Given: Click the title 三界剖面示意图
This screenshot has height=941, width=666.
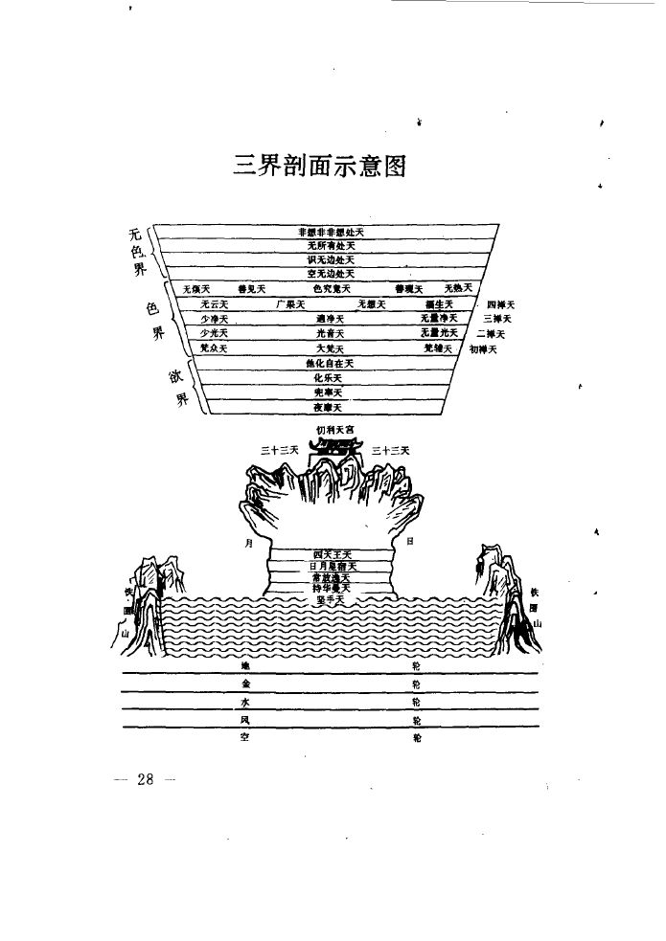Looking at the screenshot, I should coord(320,166).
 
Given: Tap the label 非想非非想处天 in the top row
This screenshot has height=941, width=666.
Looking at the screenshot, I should coord(331,232).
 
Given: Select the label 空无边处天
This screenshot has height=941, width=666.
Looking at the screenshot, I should coord(331,274).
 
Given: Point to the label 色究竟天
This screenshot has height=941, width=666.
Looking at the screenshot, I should coord(332,289).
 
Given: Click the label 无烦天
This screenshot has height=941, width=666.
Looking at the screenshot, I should coord(196,289).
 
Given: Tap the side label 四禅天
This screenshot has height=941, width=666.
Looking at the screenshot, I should coord(500,304).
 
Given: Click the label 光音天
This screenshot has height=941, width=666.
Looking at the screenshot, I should coord(331,333).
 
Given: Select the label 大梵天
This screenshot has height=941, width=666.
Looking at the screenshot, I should coord(331,348).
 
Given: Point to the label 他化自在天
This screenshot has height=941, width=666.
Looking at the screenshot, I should coord(331,364).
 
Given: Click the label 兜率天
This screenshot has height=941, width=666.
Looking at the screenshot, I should coord(331,393).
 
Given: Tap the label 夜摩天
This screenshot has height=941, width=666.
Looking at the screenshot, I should coord(331,408).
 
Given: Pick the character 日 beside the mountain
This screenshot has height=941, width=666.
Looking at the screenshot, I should coord(409,542).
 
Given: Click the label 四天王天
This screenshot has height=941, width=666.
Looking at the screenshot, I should coord(333,554).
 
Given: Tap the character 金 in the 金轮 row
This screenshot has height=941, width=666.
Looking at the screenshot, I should coord(245,684).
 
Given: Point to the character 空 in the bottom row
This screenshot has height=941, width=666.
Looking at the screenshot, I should coord(245,737).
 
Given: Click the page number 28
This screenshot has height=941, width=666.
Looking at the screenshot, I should coord(146,778).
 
